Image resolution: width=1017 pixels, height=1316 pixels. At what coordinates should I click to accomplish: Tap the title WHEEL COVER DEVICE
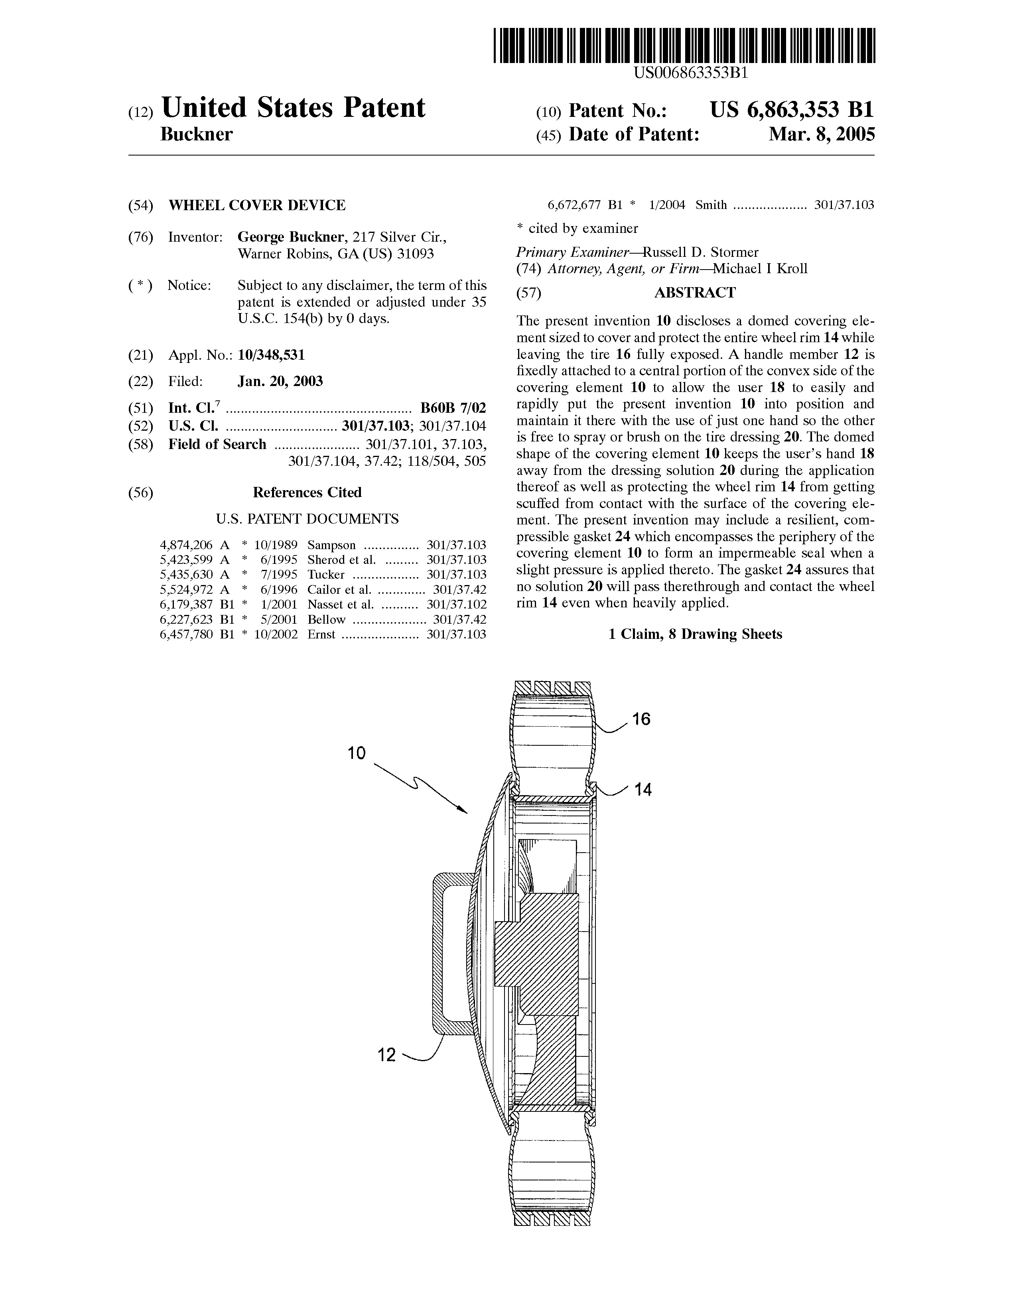coord(257,205)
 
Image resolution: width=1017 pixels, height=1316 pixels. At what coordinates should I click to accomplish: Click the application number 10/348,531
coord(271,355)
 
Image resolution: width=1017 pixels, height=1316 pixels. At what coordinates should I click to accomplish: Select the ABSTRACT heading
coord(695,293)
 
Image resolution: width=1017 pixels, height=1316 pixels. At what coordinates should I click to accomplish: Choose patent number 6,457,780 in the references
coord(187,634)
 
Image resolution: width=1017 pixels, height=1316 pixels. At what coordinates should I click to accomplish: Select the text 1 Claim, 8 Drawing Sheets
coord(695,634)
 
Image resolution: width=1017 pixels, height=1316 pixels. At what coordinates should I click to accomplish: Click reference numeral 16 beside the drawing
coord(642,719)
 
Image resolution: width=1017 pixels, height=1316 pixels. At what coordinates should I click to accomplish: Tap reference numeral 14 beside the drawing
coord(643,789)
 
